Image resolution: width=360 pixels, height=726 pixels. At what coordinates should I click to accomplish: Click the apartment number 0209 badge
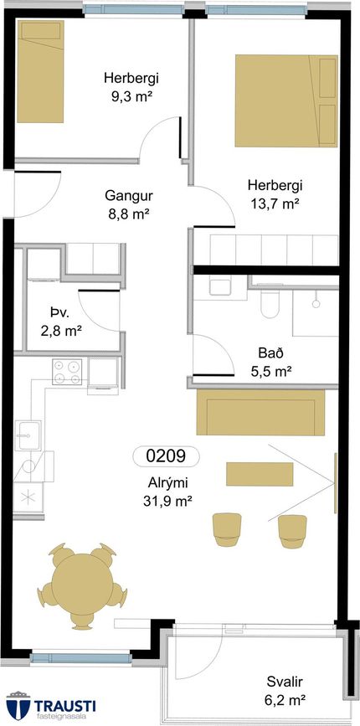166,456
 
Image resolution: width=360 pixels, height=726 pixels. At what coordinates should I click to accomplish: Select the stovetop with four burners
67,372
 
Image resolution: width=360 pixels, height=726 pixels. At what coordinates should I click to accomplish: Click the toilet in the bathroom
270,304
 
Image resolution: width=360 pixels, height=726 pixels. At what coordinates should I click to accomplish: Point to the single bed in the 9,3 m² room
40,71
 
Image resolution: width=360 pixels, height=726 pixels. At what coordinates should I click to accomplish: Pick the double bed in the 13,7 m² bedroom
286,101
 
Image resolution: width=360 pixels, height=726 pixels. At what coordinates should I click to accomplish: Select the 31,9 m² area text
167,501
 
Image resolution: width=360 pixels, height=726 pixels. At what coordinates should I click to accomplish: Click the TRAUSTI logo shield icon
18,707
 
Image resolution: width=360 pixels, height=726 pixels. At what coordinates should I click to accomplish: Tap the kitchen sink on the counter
28,435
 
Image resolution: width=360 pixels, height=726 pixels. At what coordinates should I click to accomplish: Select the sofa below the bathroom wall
260,412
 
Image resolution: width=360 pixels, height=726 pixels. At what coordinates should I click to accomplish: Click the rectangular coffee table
260,474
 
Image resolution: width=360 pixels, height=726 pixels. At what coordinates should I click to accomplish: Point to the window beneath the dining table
81,658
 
